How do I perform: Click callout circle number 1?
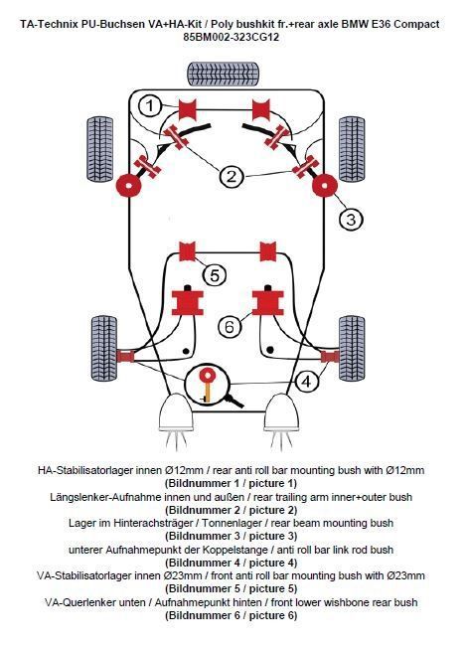click(x=149, y=105)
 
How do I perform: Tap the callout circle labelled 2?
click(x=231, y=177)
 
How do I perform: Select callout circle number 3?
click(x=350, y=219)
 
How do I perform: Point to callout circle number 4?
click(x=307, y=381)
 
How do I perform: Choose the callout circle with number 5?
click(x=214, y=274)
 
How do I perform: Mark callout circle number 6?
click(x=229, y=325)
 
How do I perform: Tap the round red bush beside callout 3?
click(x=323, y=185)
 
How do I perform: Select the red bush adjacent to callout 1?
click(x=187, y=109)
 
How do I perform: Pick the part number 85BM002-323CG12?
click(x=231, y=37)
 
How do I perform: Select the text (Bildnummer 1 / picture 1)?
click(x=231, y=483)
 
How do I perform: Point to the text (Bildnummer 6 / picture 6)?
click(x=231, y=616)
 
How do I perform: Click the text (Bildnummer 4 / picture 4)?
click(x=231, y=563)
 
